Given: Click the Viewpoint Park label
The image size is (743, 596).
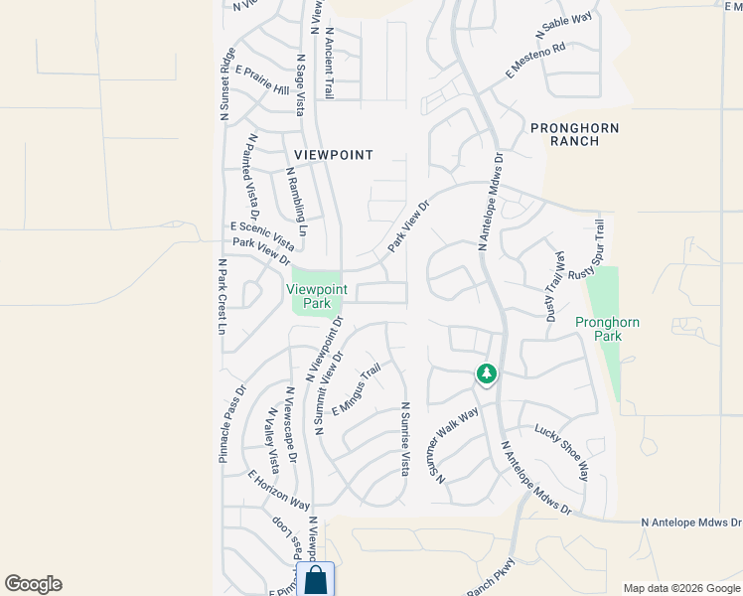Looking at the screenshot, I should coord(317,296).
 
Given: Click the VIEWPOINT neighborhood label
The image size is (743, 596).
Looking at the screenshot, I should coord(334,155).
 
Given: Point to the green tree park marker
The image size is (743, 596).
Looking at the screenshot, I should coord(486,374).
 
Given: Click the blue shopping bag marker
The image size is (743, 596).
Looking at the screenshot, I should coord(317,580).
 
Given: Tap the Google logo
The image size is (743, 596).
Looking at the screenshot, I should coord(33,584).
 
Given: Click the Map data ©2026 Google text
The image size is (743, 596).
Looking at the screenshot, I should coord(681,588).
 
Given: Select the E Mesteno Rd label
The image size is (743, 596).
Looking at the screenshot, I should coord(535,61).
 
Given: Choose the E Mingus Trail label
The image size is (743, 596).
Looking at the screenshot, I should coord(357,390).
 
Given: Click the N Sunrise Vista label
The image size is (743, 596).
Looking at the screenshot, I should coord(405,439).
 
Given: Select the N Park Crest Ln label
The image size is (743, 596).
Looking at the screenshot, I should coord(223,297).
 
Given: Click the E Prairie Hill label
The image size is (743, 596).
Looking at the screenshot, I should coord(261,81).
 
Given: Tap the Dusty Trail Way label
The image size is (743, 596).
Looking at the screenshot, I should coord(555,285).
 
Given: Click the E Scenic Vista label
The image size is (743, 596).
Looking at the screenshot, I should coord(262,235).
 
